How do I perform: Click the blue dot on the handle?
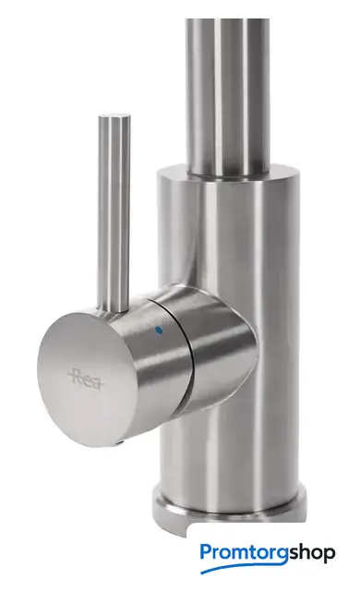(159, 331)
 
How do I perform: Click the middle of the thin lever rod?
(114, 211)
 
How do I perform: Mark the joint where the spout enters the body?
(229, 173)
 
